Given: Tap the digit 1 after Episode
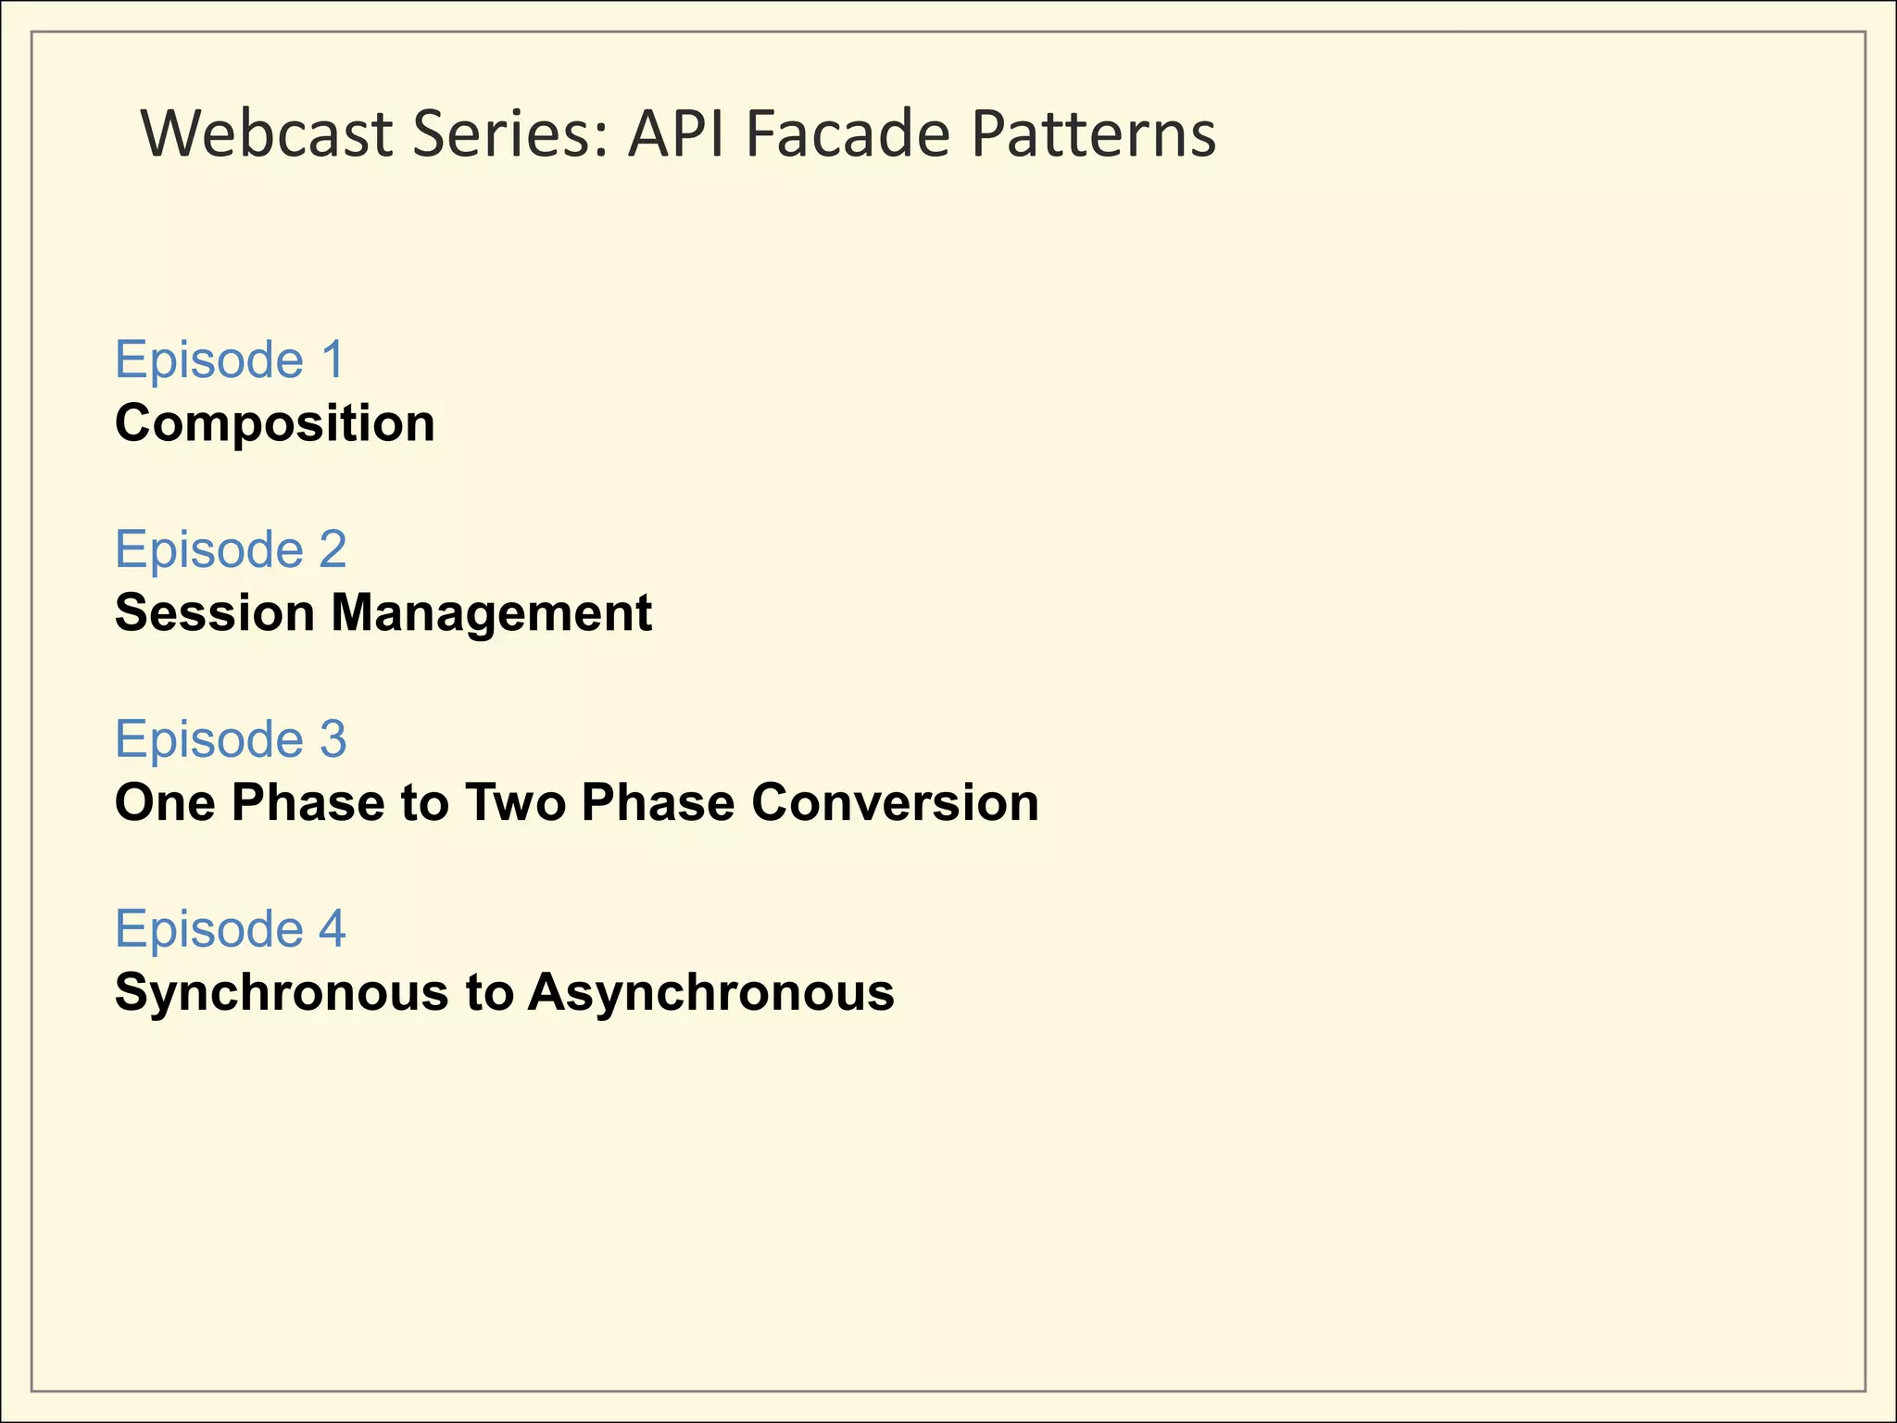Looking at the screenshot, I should (332, 359).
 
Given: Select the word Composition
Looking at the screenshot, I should (275, 424).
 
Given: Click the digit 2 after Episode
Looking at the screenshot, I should (333, 549).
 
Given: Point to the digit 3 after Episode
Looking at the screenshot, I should (333, 739).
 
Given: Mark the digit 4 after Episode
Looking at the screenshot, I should (333, 928).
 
